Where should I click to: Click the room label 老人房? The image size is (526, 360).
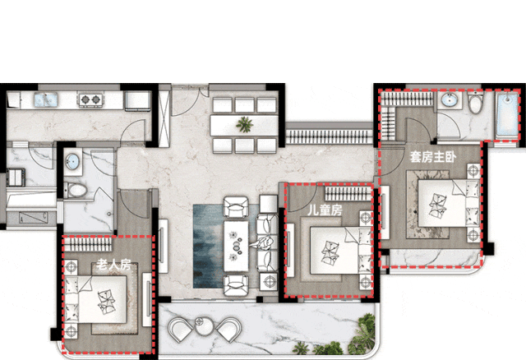[x=113, y=265]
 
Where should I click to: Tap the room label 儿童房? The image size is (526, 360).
[x=325, y=210]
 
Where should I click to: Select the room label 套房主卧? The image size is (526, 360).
[x=433, y=157]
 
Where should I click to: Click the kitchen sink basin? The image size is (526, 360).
[x=46, y=100]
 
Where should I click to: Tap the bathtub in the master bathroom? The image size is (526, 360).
[x=508, y=113]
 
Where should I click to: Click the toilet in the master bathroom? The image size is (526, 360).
[x=475, y=103]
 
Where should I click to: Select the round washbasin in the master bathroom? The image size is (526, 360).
[x=449, y=100]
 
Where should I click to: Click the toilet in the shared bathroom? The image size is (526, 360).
[x=75, y=191]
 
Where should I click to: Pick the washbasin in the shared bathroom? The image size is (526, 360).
[x=72, y=162]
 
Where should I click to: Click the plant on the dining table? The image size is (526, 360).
[x=245, y=124]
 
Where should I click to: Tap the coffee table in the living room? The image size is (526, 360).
[x=236, y=246]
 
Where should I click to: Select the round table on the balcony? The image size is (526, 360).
[x=205, y=325]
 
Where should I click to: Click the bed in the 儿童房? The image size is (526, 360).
[x=339, y=250]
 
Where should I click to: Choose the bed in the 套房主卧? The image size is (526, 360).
[x=448, y=203]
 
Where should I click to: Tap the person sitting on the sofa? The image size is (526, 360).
[x=265, y=242]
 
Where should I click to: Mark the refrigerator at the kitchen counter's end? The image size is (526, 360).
[x=137, y=100]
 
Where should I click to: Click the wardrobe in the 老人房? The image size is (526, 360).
[x=88, y=244]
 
